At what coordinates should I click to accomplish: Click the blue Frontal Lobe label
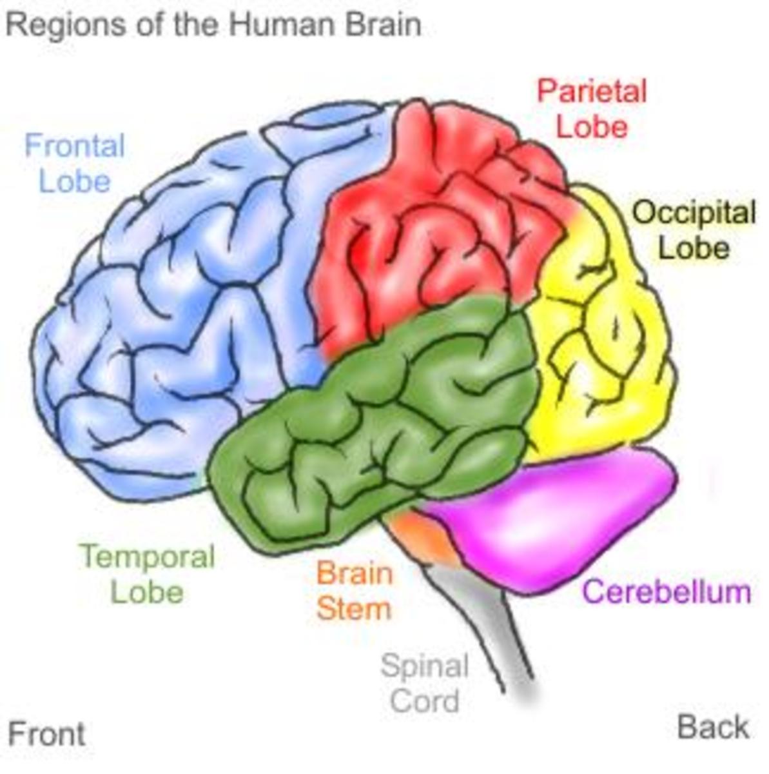(x=75, y=163)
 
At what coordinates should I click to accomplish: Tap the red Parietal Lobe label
(x=592, y=108)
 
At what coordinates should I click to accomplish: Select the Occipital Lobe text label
(x=694, y=230)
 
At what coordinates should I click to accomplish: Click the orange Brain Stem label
(x=354, y=591)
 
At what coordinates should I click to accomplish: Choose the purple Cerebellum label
(x=667, y=591)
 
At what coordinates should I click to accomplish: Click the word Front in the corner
(x=46, y=734)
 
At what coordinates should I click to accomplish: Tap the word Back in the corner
(x=713, y=728)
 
